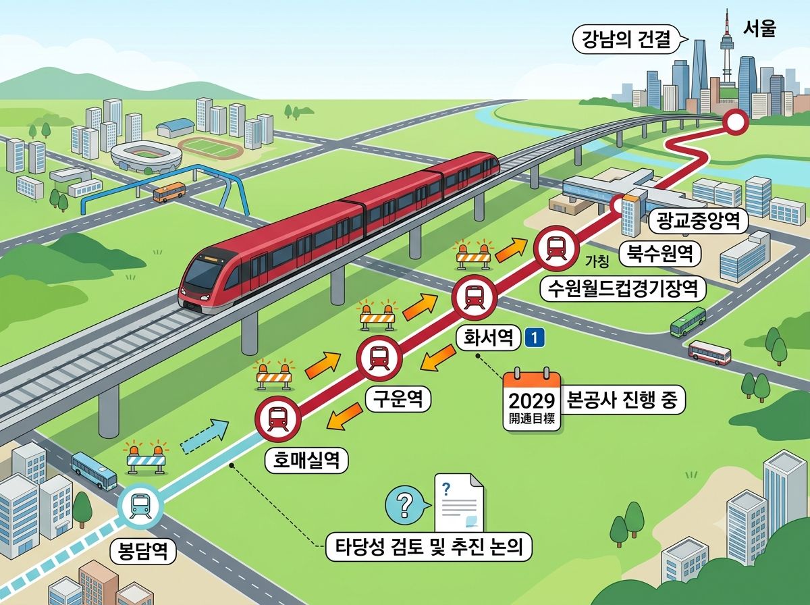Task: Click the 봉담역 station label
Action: pyautogui.click(x=143, y=551)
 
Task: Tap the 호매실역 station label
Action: pyautogui.click(x=306, y=461)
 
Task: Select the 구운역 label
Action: pyautogui.click(x=398, y=400)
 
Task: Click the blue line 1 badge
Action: pyautogui.click(x=535, y=338)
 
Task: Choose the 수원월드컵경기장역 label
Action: pyautogui.click(x=622, y=288)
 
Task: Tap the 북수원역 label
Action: pyautogui.click(x=659, y=254)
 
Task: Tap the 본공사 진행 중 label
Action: pyautogui.click(x=622, y=400)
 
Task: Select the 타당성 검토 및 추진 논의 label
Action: pyautogui.click(x=429, y=547)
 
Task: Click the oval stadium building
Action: pyautogui.click(x=146, y=157)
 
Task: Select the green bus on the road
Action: pyautogui.click(x=688, y=321)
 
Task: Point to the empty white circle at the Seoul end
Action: pyautogui.click(x=734, y=122)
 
